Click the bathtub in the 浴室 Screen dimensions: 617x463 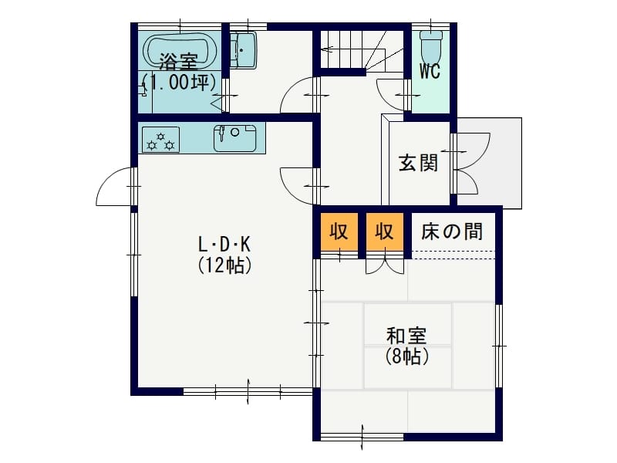pos(180,52)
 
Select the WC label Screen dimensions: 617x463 pos(430,71)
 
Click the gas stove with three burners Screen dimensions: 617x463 pos(160,140)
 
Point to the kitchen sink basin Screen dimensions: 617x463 pos(235,138)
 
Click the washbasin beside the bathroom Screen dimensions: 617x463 pos(243,50)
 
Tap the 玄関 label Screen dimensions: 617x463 pos(418,163)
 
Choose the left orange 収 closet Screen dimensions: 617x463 pos(339,231)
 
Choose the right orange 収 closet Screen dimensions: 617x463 pos(385,231)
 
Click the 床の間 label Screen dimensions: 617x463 pos(452,231)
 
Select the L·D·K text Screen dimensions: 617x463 pos(224,245)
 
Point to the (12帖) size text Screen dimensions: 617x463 pos(224,265)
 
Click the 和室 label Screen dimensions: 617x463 pos(406,336)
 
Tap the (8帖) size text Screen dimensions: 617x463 pos(407,357)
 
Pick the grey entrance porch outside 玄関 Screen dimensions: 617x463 pos(490,163)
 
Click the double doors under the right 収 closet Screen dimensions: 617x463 pos(385,265)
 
